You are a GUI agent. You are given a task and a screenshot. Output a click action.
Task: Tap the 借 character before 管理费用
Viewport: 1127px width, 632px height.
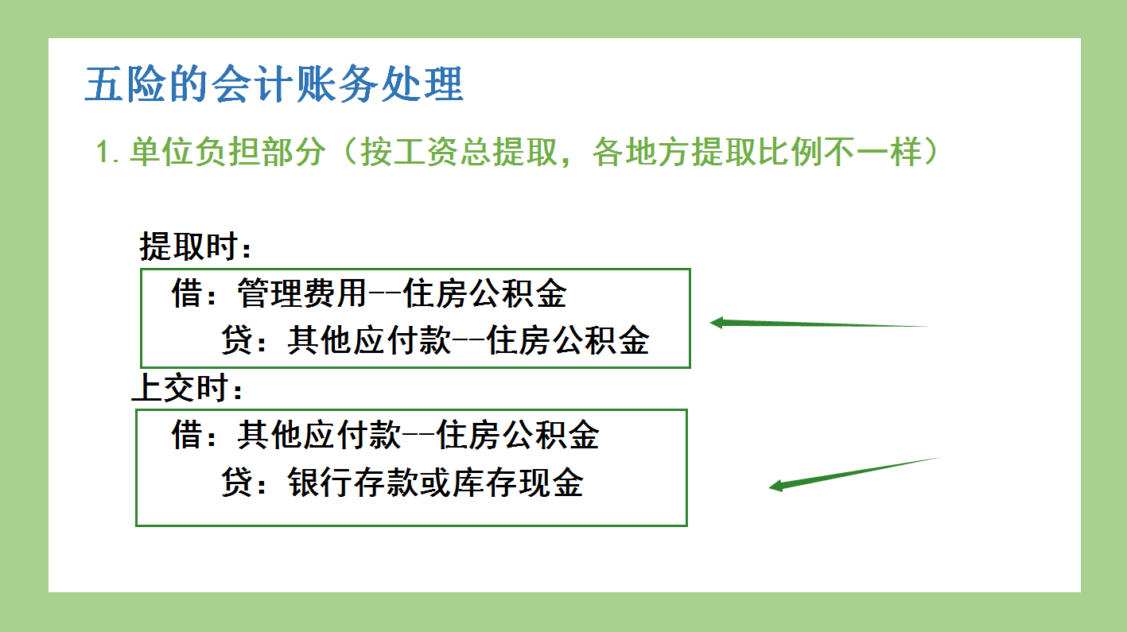(187, 294)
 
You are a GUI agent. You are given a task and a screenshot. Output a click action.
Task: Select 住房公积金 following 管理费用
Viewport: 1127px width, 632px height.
(485, 294)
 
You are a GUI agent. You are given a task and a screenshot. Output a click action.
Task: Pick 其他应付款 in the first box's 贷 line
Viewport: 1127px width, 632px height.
(369, 341)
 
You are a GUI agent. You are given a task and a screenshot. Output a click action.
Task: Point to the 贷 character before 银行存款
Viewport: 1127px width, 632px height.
(237, 483)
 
